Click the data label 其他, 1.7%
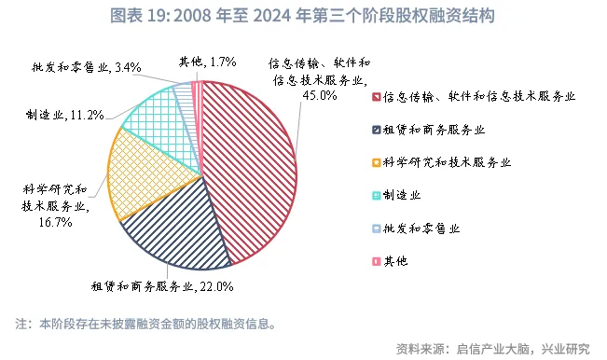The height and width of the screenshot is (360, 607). (x=206, y=62)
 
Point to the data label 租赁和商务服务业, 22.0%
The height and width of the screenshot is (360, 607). (x=161, y=286)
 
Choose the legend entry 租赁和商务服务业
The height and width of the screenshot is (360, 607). (x=432, y=129)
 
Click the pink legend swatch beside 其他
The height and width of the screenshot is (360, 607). (x=376, y=260)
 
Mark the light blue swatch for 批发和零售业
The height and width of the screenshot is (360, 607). (x=376, y=228)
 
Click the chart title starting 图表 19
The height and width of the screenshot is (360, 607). (x=302, y=17)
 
